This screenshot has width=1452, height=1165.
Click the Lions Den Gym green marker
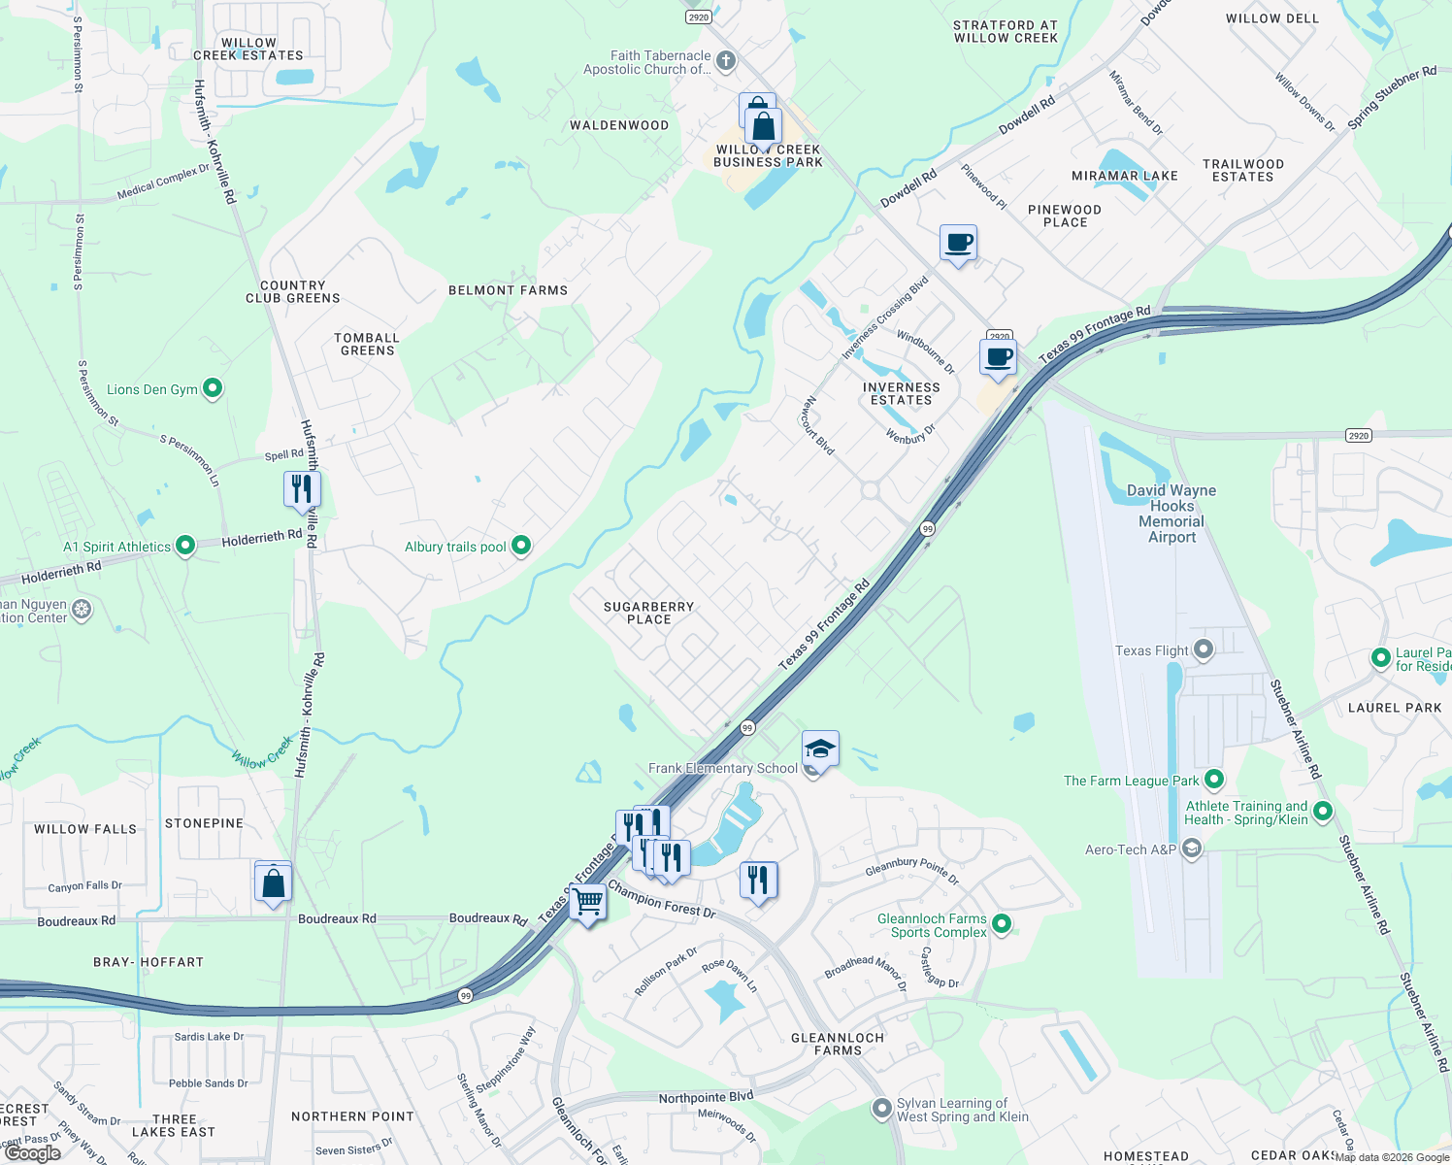tap(213, 388)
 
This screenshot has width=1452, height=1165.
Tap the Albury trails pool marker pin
tap(521, 546)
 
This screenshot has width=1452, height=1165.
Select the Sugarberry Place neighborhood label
tap(648, 613)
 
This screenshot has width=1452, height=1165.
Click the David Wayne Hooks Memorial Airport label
tap(1171, 514)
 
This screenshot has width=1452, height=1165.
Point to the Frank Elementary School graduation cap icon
tap(820, 749)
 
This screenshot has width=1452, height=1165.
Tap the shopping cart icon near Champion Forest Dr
tap(588, 902)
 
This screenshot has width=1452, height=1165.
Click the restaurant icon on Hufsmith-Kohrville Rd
tap(302, 488)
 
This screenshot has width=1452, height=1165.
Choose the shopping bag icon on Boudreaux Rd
tap(274, 883)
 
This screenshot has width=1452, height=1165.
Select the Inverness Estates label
tap(901, 393)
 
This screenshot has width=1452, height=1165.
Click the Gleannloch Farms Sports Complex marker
tap(1003, 924)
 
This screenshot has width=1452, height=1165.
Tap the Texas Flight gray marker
tap(1204, 649)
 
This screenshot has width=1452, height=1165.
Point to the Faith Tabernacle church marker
tap(725, 61)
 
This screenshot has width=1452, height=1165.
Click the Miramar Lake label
tap(1124, 176)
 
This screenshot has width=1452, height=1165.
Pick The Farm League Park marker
tap(1213, 780)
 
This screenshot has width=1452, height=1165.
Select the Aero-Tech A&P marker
tap(1192, 849)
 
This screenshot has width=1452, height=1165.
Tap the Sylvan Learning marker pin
tap(882, 1108)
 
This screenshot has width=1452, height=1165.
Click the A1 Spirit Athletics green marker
tap(185, 547)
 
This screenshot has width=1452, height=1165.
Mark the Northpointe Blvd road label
tap(706, 1098)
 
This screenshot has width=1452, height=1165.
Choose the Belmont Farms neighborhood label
tap(508, 290)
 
